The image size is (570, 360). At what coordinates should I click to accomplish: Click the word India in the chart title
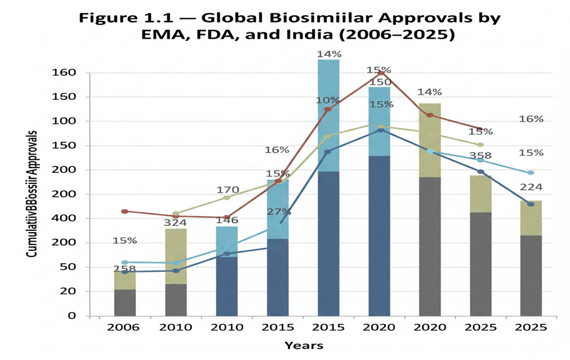[x=303, y=35]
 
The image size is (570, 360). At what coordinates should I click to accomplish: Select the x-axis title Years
[x=304, y=345]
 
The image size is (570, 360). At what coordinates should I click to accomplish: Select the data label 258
[x=124, y=270]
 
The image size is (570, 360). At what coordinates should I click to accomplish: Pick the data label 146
[x=226, y=221]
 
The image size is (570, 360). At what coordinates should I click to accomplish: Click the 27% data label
[x=279, y=212]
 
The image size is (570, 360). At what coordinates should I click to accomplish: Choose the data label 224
[x=531, y=187]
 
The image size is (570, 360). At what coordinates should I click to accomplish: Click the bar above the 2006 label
[x=125, y=294]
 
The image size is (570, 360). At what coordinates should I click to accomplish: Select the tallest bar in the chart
[x=328, y=188]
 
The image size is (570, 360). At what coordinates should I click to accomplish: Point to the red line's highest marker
[x=379, y=72]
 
